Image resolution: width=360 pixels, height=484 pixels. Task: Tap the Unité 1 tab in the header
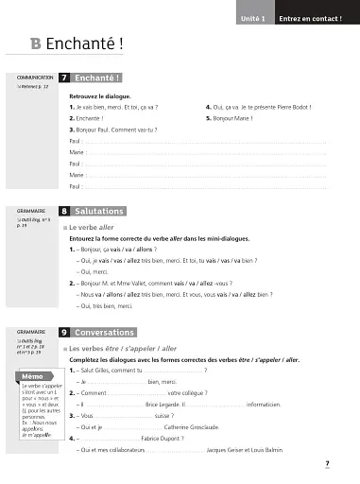pyautogui.click(x=251, y=18)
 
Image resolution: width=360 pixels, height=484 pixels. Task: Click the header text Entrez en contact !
pyautogui.click(x=310, y=18)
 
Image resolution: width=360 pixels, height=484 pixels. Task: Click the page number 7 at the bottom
pyautogui.click(x=325, y=463)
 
